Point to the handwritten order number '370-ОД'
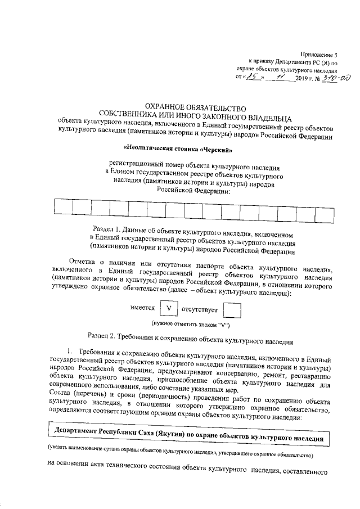pos(325,78)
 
